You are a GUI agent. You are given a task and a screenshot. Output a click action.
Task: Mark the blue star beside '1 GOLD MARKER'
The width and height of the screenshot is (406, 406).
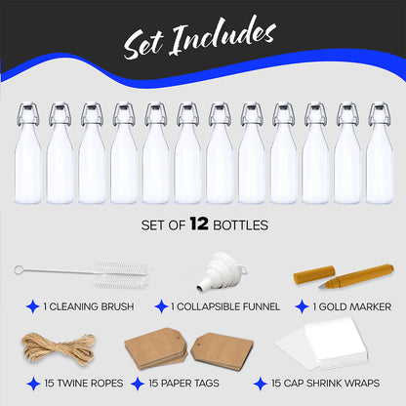tap(302, 306)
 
